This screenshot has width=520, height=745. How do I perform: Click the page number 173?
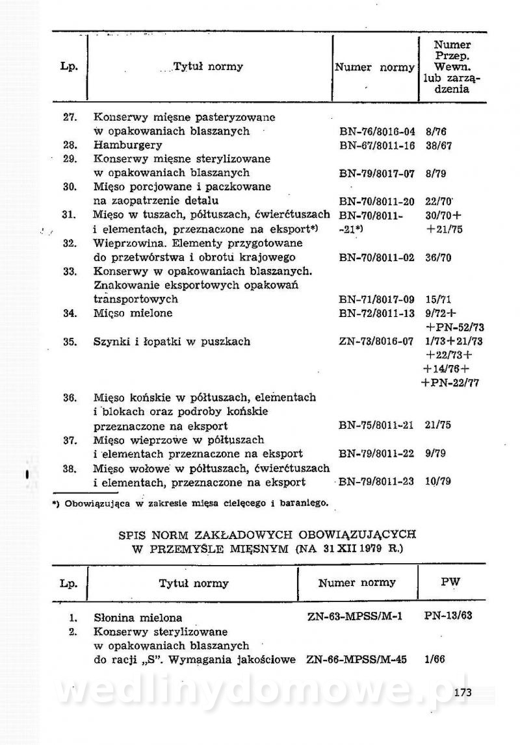click(463, 692)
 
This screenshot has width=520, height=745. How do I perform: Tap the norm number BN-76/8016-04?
click(376, 131)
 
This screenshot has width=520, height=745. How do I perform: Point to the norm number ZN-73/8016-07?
click(376, 341)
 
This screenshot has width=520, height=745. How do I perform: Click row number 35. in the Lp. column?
click(71, 341)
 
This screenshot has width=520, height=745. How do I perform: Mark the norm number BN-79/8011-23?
click(376, 481)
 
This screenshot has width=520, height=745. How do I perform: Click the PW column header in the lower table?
click(450, 582)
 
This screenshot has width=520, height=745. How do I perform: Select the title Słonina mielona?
click(138, 618)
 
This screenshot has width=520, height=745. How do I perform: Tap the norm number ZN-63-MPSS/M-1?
click(355, 616)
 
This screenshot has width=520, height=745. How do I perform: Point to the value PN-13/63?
click(447, 615)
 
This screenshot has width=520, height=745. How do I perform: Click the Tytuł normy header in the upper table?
click(208, 66)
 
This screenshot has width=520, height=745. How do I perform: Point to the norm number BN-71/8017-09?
click(376, 299)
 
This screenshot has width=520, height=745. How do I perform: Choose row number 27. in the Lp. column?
click(71, 118)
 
